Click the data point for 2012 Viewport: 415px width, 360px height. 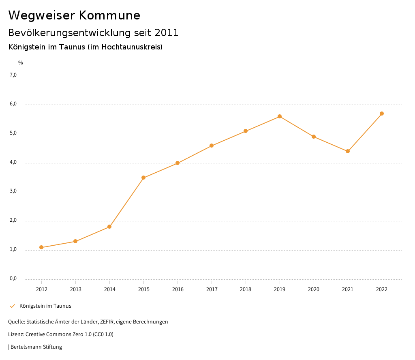[41, 247]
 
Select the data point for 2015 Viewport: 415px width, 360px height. [143, 178]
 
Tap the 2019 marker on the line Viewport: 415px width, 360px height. [280, 116]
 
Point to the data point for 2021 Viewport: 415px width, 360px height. [348, 151]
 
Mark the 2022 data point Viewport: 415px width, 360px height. [382, 114]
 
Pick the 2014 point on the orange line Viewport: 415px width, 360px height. [109, 227]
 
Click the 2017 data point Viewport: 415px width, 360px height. [212, 146]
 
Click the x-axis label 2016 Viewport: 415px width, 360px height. [178, 289]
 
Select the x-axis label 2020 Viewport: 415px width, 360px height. [314, 289]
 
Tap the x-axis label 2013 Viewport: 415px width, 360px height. [75, 289]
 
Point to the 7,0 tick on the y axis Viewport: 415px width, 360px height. [13, 75]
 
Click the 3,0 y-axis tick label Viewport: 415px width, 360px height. [13, 191]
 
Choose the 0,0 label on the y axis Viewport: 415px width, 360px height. [13, 279]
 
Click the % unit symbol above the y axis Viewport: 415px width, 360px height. [21, 63]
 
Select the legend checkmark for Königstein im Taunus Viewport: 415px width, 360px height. [12, 306]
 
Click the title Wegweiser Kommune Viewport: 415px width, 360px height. [74, 15]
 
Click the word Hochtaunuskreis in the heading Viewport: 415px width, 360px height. [130, 47]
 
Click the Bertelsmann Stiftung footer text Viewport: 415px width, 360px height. [36, 347]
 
